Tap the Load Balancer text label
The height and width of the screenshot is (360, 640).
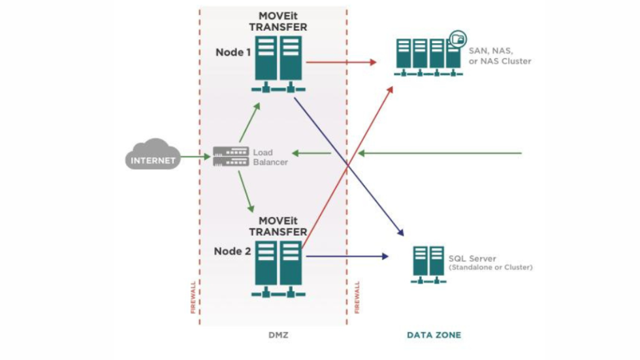[269, 157]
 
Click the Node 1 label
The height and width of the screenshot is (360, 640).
[233, 52]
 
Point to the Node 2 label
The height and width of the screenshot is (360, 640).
[233, 251]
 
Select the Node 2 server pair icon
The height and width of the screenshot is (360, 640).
[279, 267]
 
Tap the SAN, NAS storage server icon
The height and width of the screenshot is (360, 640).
[428, 56]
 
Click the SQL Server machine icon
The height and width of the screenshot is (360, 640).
[428, 263]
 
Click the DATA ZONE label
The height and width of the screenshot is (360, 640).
[434, 335]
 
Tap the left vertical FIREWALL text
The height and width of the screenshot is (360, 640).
[193, 298]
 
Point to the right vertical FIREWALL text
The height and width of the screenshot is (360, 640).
[357, 298]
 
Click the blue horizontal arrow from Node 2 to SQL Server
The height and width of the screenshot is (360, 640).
[346, 256]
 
